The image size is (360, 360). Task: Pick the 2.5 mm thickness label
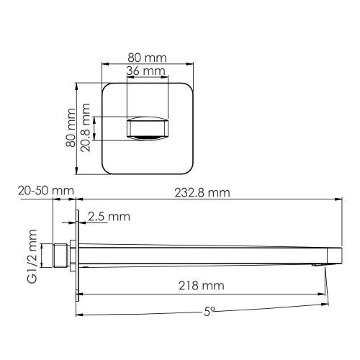coord(109,216)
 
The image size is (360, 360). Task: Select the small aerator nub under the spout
coord(315,266)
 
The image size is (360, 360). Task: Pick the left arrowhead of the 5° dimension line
coord(80,315)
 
